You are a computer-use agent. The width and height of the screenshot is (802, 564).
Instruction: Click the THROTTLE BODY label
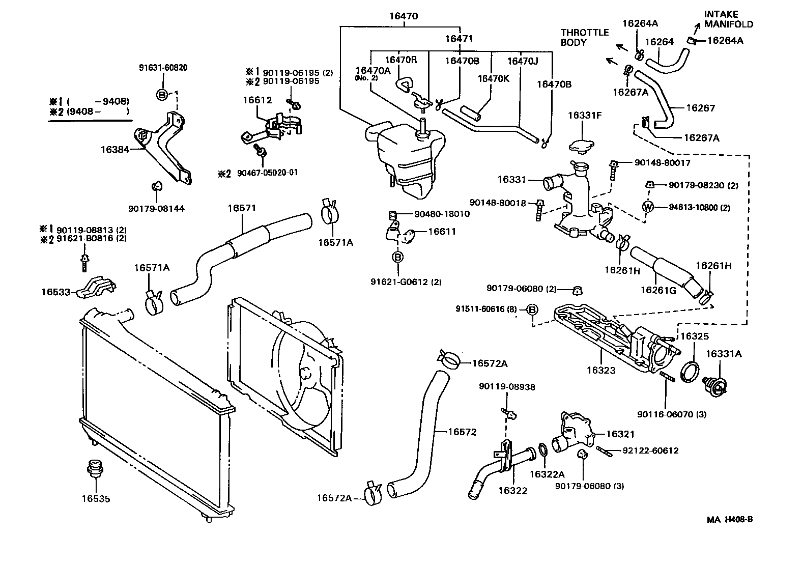point(584,37)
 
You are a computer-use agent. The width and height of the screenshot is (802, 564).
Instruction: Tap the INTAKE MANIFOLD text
point(728,19)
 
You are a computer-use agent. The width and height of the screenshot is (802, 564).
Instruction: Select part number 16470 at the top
point(403,16)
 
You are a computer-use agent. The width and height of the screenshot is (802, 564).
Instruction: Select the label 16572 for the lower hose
point(462,432)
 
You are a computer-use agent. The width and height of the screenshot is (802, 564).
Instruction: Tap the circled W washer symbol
point(648,207)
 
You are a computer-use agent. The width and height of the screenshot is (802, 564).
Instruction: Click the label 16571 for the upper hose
point(242,208)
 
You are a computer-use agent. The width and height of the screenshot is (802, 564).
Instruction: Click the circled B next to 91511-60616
point(532,309)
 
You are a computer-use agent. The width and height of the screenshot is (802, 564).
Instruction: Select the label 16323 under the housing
point(600,370)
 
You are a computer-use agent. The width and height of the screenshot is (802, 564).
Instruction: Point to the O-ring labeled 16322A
point(542,450)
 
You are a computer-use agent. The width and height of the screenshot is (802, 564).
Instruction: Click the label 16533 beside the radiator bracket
point(55,292)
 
